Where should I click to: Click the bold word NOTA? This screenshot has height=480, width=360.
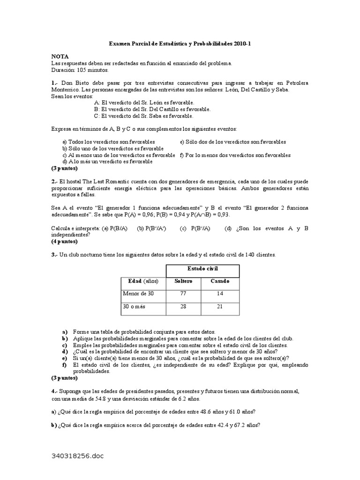(60, 56)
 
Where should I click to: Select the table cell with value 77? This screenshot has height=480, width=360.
(183, 293)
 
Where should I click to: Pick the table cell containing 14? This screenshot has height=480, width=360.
(220, 293)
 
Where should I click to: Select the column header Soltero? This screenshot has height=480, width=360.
(183, 281)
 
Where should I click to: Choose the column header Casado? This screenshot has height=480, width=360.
(220, 281)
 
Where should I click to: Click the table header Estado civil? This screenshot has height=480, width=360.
(202, 269)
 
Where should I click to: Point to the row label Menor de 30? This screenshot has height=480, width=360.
(138, 293)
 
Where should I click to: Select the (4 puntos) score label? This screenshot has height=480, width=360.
(65, 241)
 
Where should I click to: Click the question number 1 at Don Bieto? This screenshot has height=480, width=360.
(54, 83)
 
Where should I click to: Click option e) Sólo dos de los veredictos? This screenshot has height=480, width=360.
(233, 142)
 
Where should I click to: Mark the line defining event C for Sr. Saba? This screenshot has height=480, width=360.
(143, 116)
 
